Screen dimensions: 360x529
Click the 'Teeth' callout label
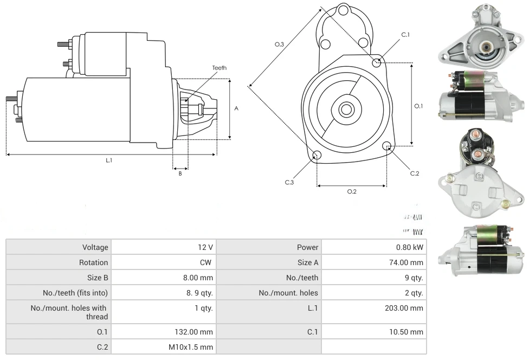(x=219, y=68)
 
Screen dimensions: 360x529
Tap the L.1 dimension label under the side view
(x=108, y=160)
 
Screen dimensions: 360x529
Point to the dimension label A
(x=236, y=108)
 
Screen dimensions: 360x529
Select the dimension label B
(x=180, y=173)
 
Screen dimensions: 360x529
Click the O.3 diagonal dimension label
(x=279, y=44)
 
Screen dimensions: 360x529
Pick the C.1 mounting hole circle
(x=377, y=62)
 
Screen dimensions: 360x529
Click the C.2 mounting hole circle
(x=387, y=146)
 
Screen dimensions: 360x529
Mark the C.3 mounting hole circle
(x=317, y=156)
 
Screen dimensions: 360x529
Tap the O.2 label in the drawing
(x=351, y=191)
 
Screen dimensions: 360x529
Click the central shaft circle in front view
(x=346, y=109)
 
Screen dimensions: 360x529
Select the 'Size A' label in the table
(x=308, y=262)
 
